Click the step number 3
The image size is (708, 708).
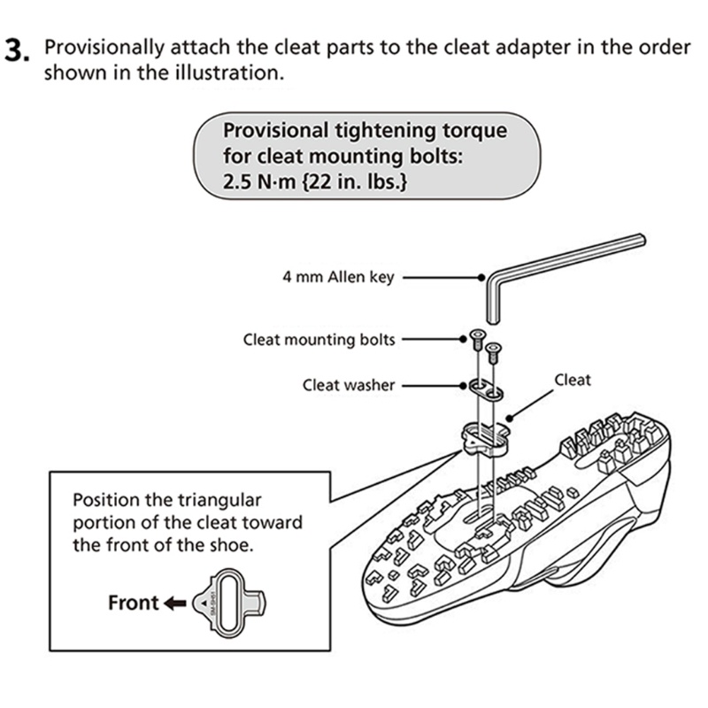coord(18,51)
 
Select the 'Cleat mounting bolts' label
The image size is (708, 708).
coord(319,339)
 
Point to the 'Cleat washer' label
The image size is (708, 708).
coord(349,385)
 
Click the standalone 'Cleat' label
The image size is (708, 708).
coord(573,381)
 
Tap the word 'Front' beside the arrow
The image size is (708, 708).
coord(133,604)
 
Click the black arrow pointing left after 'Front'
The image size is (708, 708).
coord(175,604)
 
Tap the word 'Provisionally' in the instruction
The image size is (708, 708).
coord(104,47)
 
